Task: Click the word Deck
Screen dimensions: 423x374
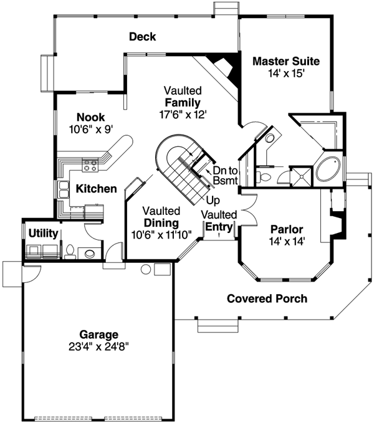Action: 142,37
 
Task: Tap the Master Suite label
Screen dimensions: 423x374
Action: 286,62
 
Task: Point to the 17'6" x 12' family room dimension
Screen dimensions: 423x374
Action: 182,114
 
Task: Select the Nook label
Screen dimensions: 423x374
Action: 90,117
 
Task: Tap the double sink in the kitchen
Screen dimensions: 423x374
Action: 64,190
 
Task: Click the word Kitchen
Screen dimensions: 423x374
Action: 96,188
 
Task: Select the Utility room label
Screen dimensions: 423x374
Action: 43,233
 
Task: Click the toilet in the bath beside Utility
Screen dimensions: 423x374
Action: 70,252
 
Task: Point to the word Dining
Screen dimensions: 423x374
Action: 161,222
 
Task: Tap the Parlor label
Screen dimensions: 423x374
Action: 286,228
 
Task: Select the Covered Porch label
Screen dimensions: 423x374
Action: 267,298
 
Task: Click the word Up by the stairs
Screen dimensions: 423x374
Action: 213,202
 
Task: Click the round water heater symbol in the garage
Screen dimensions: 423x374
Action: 146,269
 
